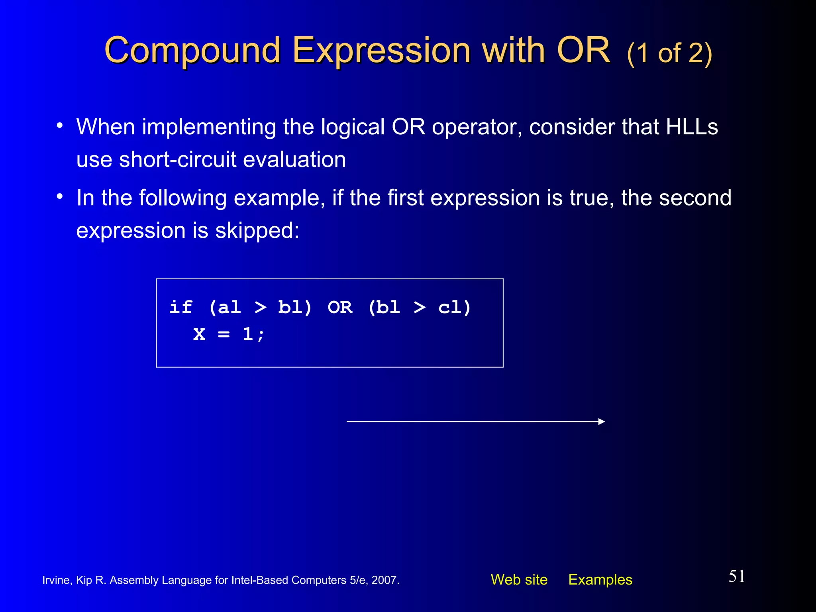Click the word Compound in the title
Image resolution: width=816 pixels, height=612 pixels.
(192, 51)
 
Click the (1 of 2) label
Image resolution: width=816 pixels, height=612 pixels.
(669, 53)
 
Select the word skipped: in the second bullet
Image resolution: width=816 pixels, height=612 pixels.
(257, 230)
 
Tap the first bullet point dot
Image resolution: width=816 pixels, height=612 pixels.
(60, 126)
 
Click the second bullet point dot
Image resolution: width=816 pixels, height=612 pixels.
(60, 197)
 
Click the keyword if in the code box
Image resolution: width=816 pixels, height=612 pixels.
(180, 307)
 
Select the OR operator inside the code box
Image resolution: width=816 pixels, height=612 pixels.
(340, 307)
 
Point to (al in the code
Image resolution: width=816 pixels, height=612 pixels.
(225, 307)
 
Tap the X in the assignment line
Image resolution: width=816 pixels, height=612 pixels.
(199, 334)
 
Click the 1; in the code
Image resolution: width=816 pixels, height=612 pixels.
(253, 334)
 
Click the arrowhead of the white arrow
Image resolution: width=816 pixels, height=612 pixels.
(602, 422)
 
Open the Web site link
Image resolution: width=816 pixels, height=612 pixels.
(519, 579)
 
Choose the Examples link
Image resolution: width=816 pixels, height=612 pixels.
(600, 579)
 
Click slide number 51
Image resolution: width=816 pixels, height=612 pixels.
(737, 576)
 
